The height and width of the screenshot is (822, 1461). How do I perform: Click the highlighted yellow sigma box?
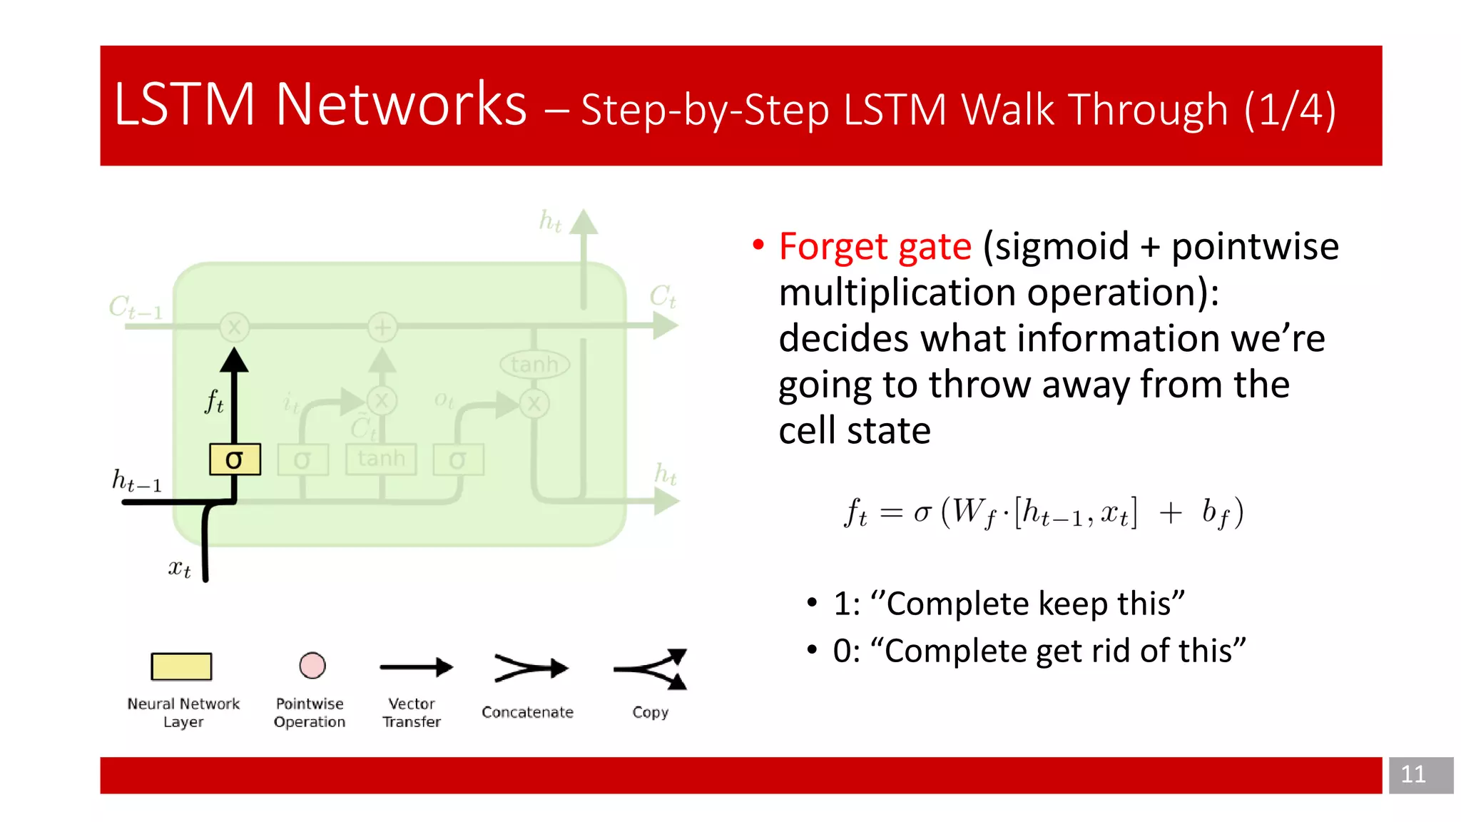tap(235, 460)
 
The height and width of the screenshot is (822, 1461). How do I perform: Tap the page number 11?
tap(1412, 775)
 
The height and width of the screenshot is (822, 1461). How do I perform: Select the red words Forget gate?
tap(875, 247)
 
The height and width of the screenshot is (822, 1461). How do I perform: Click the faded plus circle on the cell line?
tap(382, 328)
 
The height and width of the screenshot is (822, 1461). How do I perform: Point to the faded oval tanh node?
tap(534, 365)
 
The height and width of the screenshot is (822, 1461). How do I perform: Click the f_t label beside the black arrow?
tap(214, 402)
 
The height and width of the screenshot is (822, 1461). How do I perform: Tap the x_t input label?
tap(179, 569)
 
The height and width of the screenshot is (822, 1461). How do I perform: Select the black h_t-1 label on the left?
tap(137, 481)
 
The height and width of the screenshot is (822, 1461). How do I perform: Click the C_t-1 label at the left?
tap(136, 308)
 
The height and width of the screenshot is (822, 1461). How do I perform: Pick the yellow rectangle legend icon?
tap(181, 666)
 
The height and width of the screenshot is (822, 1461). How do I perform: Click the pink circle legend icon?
tap(312, 666)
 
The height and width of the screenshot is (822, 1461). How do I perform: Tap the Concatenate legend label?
tap(527, 712)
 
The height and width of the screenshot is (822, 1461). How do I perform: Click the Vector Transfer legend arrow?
tap(416, 668)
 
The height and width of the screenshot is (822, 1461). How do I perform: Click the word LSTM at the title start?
tap(184, 105)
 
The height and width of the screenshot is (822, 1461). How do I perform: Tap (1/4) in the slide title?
tap(1290, 110)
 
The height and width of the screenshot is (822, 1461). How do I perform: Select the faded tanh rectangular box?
tap(381, 459)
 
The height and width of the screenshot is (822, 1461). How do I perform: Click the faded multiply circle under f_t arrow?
tap(234, 328)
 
